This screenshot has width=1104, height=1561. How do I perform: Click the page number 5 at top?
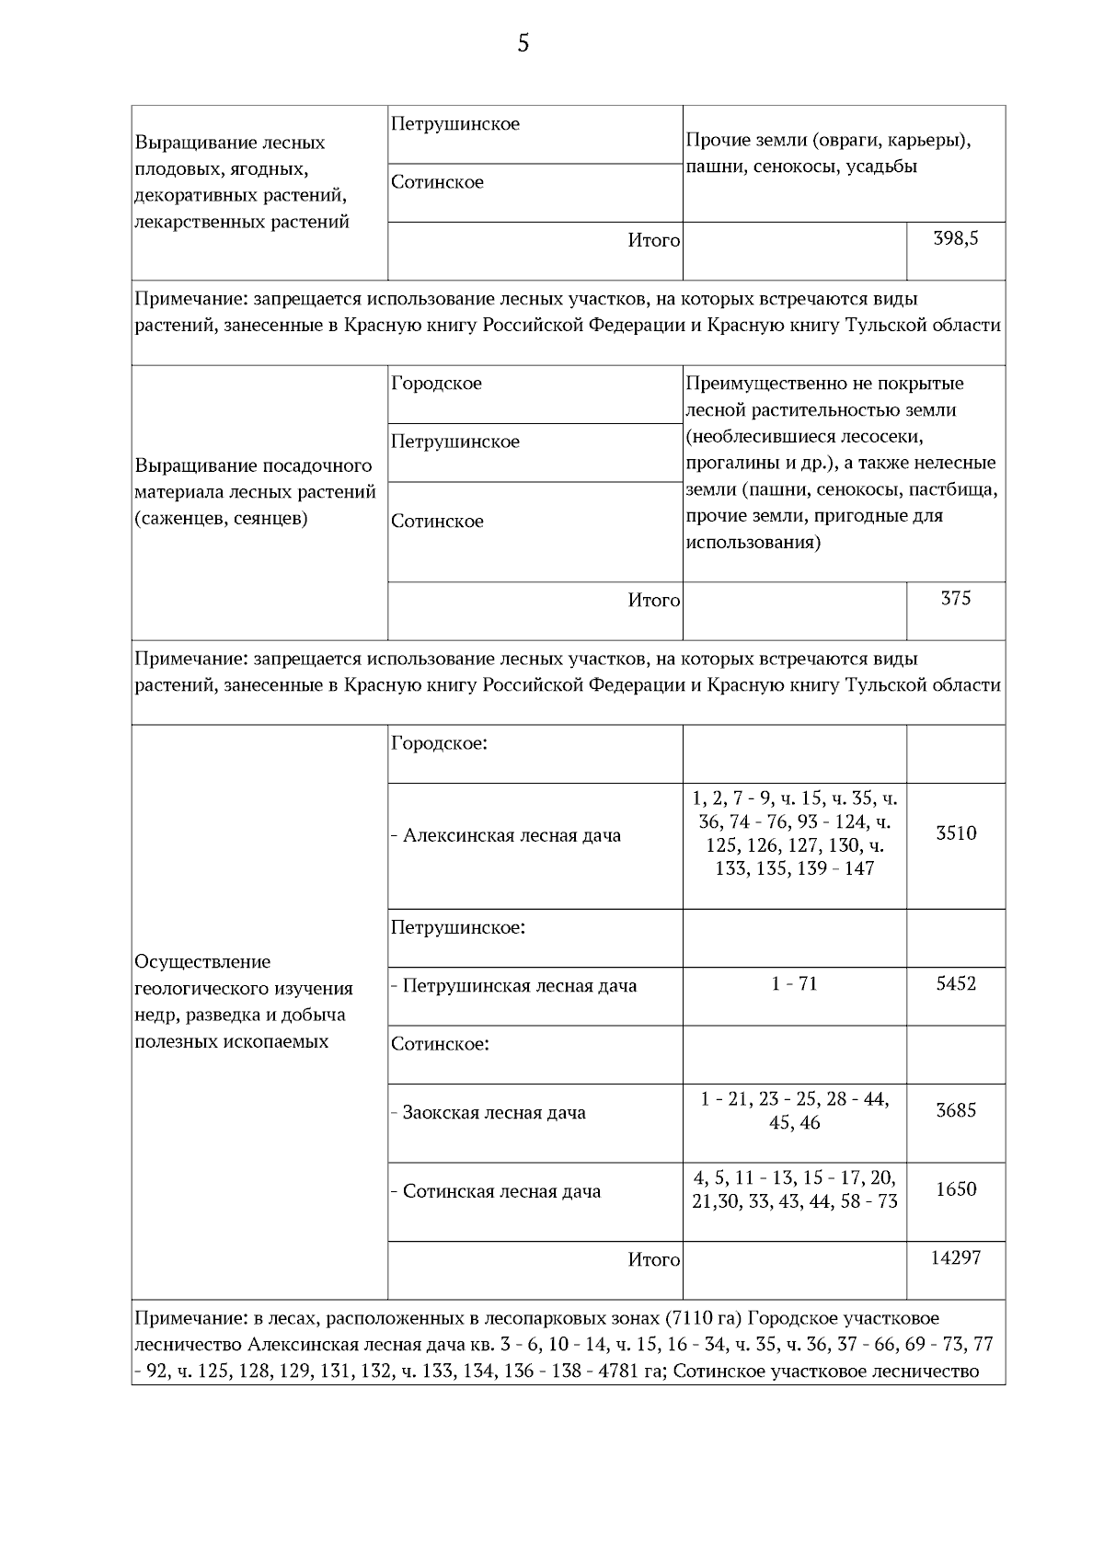pyautogui.click(x=523, y=43)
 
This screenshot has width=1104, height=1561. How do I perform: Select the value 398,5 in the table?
pyautogui.click(x=956, y=239)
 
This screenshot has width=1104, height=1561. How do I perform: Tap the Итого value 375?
pyautogui.click(x=956, y=599)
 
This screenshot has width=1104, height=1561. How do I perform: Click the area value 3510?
pyautogui.click(x=956, y=833)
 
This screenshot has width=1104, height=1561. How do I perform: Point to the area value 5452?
pyautogui.click(x=956, y=984)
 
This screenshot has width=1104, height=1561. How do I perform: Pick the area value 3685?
pyautogui.click(x=956, y=1110)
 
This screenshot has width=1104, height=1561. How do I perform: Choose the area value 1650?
pyautogui.click(x=956, y=1189)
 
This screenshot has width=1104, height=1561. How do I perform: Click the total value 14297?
pyautogui.click(x=956, y=1257)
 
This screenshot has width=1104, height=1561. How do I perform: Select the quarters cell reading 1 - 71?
pyautogui.click(x=794, y=984)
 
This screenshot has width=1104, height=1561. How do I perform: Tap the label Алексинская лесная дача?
pyautogui.click(x=512, y=836)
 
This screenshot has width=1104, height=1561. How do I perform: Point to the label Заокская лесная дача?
pyautogui.click(x=494, y=1113)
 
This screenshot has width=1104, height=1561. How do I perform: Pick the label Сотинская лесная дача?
pyautogui.click(x=501, y=1192)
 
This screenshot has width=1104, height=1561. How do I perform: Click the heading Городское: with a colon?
pyautogui.click(x=439, y=743)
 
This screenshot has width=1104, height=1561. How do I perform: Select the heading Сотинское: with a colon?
pyautogui.click(x=440, y=1044)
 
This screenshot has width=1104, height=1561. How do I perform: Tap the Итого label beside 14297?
pyautogui.click(x=653, y=1260)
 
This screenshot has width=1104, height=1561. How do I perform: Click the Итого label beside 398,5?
pyautogui.click(x=653, y=241)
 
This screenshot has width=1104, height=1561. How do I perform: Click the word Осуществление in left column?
pyautogui.click(x=202, y=962)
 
